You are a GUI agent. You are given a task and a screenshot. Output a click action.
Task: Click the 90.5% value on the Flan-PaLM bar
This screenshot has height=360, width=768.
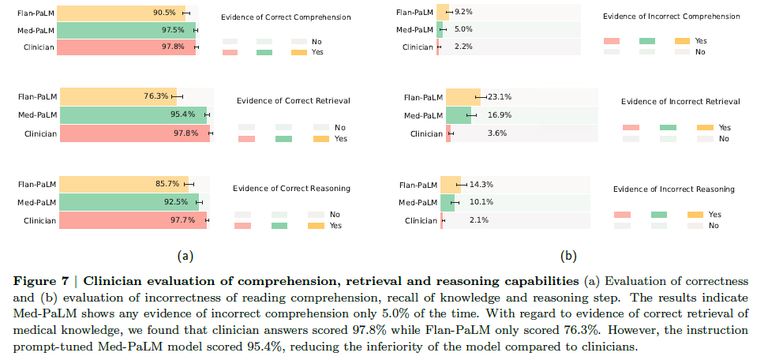165,13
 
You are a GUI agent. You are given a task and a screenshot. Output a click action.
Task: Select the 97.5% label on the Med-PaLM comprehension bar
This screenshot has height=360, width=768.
174,30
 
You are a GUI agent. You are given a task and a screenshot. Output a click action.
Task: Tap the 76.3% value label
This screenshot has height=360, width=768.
156,97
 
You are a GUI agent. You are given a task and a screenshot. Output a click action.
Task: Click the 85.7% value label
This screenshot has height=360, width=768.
168,184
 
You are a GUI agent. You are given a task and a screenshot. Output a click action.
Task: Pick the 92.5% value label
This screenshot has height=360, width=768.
178,202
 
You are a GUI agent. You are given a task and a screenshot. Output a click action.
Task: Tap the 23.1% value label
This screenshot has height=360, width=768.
499,97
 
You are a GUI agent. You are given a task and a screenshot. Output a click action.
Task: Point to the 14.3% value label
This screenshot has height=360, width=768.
481,184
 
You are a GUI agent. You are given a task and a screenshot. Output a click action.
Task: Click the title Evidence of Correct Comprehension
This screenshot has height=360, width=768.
286,17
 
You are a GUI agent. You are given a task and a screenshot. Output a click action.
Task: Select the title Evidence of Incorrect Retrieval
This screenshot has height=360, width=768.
680,102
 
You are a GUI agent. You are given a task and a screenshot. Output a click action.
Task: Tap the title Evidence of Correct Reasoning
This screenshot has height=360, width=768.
292,189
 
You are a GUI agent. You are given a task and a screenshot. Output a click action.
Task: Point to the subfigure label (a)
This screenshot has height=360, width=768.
185,256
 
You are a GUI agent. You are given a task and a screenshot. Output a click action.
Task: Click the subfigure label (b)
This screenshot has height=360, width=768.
568,256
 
